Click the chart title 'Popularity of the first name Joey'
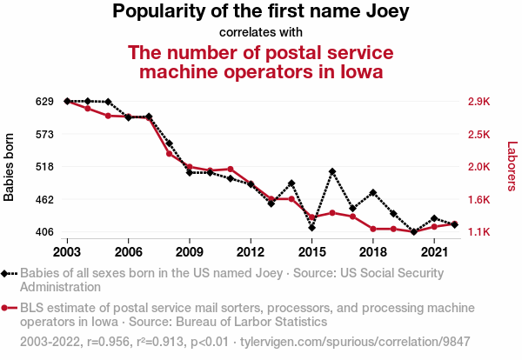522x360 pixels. tap(260, 12)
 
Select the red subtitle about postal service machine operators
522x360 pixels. tap(261, 61)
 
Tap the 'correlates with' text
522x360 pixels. tap(261, 33)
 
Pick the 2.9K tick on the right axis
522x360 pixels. tap(478, 102)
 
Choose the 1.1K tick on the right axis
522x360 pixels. tap(478, 232)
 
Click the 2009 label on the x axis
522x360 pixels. tap(189, 251)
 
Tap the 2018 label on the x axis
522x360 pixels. tap(372, 251)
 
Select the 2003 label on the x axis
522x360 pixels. tap(67, 251)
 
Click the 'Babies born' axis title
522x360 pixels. tap(10, 167)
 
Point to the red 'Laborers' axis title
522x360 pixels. tap(512, 166)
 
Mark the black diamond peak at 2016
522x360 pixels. tap(332, 171)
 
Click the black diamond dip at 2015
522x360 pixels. tap(311, 228)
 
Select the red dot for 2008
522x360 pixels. tap(169, 153)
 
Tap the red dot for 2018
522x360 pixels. tap(373, 229)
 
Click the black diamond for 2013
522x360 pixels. tap(271, 203)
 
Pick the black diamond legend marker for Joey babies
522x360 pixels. tap(10, 273)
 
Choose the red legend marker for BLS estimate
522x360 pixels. tap(10, 308)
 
